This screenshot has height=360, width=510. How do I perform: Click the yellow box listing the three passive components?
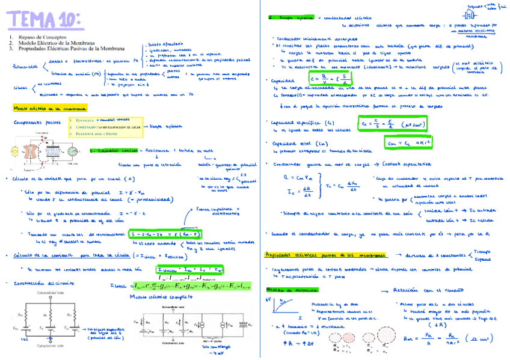pyautogui.click(x=105, y=127)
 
